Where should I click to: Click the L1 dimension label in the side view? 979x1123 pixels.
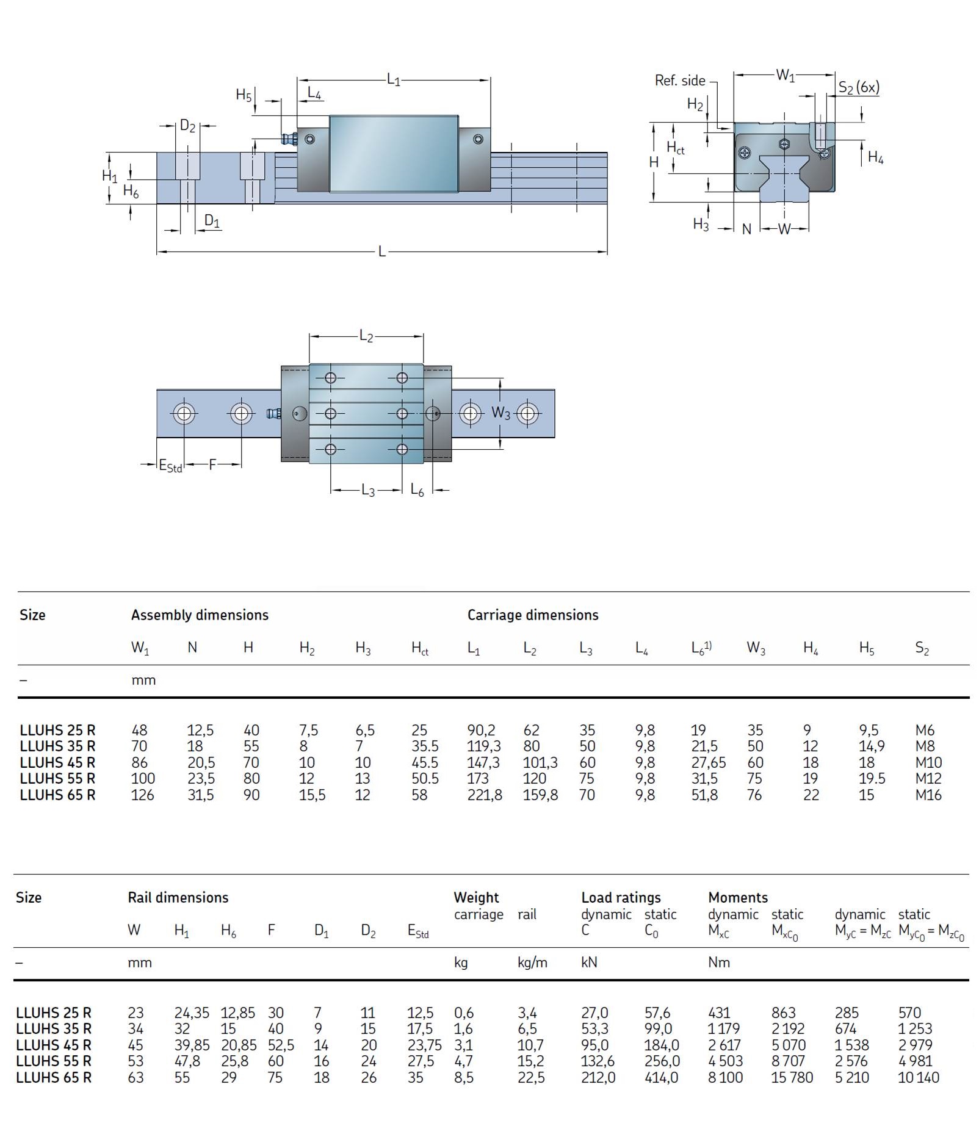coord(393,79)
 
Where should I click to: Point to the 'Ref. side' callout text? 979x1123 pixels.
coord(679,81)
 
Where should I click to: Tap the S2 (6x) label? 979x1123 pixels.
coord(858,87)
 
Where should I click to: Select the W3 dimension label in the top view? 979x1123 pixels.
coord(500,413)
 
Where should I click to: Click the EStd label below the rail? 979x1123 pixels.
coord(170,466)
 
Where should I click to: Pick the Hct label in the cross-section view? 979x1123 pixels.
coord(675,148)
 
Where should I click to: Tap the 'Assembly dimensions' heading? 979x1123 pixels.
coord(200,615)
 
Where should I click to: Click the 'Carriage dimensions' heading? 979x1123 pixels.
coord(532,615)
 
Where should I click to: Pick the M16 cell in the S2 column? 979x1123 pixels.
coord(928,795)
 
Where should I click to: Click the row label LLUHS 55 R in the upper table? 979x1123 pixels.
coord(57,779)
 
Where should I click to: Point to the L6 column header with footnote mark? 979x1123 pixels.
coord(701,648)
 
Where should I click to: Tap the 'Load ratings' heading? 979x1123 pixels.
coord(621,898)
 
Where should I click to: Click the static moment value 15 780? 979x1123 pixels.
coord(792,1078)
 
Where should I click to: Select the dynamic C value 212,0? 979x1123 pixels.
coord(598,1078)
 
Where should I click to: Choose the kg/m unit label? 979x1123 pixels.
coord(532,963)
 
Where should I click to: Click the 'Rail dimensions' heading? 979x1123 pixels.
coord(178,898)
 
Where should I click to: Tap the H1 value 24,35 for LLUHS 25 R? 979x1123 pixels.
coord(192,1013)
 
